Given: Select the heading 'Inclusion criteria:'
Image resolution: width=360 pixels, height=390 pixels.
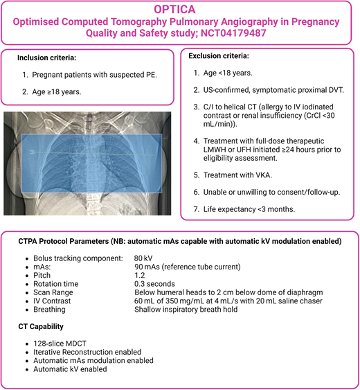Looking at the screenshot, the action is pyautogui.click(x=48, y=58).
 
